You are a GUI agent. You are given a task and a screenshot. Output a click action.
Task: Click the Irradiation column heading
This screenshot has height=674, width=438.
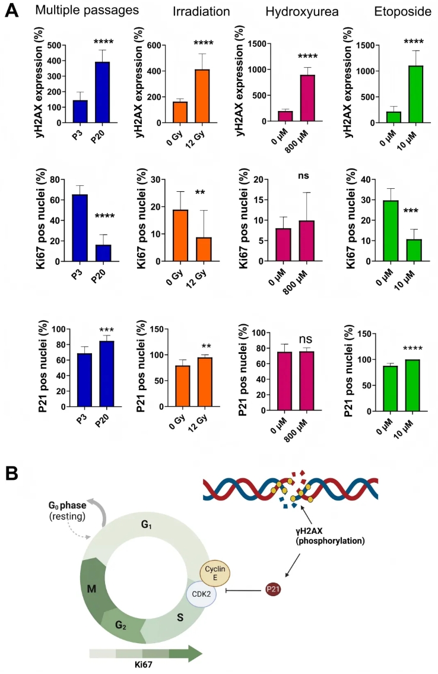point(202,11)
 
